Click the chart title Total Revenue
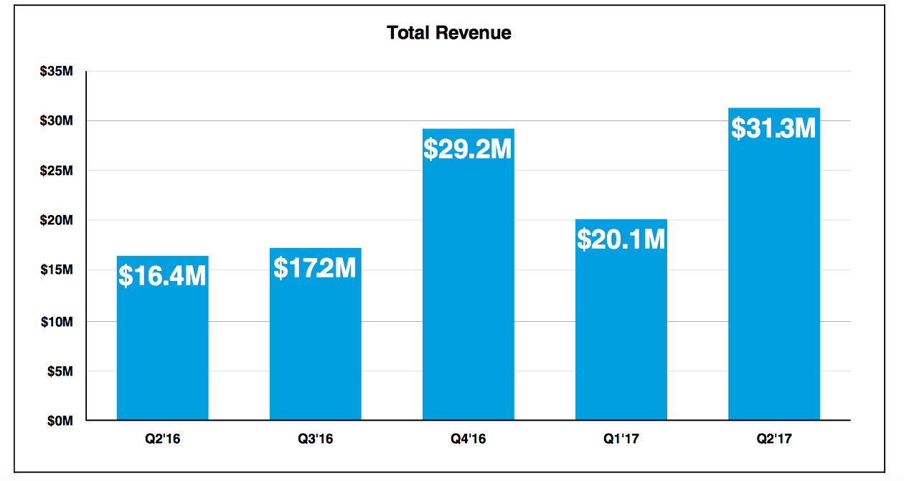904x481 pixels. [x=449, y=33]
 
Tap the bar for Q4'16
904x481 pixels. [x=468, y=287]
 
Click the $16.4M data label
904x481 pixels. [x=162, y=276]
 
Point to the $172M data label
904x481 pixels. [x=315, y=268]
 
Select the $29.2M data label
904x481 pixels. [x=468, y=149]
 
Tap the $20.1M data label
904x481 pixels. [x=621, y=239]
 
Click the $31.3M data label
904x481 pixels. [x=773, y=128]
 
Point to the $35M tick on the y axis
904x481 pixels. [x=57, y=72]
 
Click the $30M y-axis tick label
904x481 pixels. [x=57, y=121]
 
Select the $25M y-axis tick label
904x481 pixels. [x=57, y=171]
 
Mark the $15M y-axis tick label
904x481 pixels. [x=57, y=271]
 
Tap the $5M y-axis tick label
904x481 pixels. [x=60, y=371]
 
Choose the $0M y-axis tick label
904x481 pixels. [x=60, y=422]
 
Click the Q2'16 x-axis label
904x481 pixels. [x=162, y=439]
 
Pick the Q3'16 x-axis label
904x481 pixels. [x=315, y=439]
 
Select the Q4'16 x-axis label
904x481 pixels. [x=468, y=439]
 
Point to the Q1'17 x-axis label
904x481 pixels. [x=621, y=439]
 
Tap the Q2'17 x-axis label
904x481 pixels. [x=773, y=439]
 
